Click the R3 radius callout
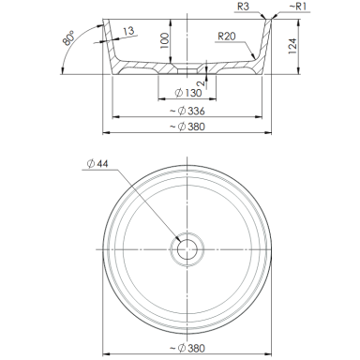point(243,7)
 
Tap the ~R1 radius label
point(297,7)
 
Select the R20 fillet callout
point(227,37)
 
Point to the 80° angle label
point(68,37)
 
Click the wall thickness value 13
point(128,31)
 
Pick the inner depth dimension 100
point(165,40)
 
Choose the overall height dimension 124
point(292,46)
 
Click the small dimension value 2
point(201,82)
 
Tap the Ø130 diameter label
point(188,93)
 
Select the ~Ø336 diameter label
point(187,111)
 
